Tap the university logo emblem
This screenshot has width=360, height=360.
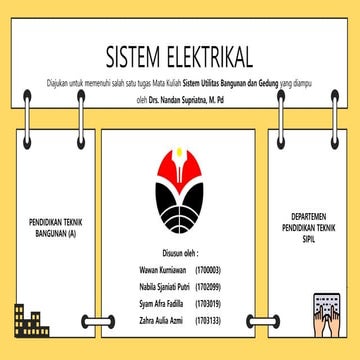click(180, 189)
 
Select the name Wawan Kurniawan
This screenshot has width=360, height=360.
click(164, 270)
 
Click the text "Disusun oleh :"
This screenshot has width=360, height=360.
click(180, 254)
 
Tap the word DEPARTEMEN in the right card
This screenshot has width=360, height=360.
click(308, 213)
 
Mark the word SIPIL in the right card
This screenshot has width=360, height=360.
click(308, 238)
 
